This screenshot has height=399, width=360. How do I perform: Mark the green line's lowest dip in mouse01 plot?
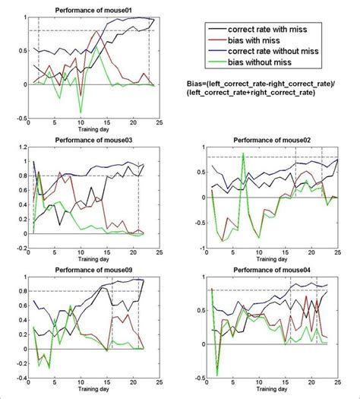[x=81, y=112]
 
